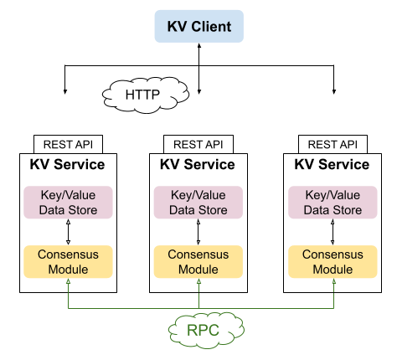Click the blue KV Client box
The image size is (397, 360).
[199, 27]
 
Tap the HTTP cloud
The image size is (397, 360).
[146, 95]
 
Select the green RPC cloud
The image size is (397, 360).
[206, 331]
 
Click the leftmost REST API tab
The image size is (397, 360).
[68, 144]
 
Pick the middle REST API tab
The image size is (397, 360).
[198, 144]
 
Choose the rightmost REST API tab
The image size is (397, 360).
[333, 144]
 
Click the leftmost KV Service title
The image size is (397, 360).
[67, 164]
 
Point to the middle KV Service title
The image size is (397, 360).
[198, 164]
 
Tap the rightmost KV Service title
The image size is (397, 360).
[332, 164]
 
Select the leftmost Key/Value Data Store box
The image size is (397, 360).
[68, 203]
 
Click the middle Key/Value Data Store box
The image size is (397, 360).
[198, 203]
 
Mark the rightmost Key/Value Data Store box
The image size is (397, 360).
[333, 203]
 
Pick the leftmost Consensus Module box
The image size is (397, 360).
[68, 262]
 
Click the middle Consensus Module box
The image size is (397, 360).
[198, 262]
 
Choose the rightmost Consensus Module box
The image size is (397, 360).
[333, 262]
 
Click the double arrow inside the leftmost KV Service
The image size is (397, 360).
[68, 232]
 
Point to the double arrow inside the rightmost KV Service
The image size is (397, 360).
[333, 232]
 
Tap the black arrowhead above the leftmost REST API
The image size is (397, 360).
[65, 91]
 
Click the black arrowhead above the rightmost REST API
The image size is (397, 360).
[334, 91]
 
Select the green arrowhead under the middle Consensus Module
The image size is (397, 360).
[198, 281]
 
